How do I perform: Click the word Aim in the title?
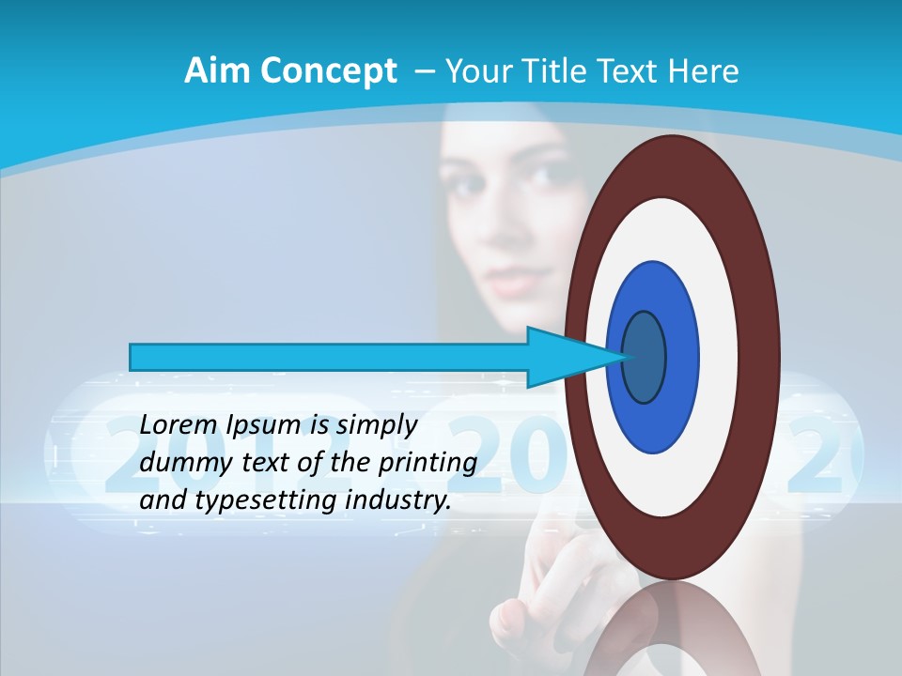pos(213,71)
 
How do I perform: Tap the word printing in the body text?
pos(428,464)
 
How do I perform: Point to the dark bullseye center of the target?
pos(644,357)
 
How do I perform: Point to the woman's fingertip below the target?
pos(507,615)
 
